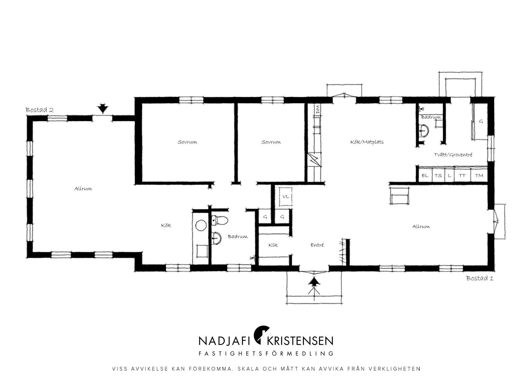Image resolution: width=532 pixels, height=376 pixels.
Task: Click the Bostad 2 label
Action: tap(39, 110)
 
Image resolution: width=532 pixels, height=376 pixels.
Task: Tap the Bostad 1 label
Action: tap(480, 278)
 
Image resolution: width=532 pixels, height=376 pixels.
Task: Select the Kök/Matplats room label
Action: tap(367, 142)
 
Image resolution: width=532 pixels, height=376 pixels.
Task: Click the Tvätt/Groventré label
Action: tap(453, 155)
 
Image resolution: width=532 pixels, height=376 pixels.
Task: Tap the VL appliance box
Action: tap(286, 196)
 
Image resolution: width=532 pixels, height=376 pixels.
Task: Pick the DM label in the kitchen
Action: tap(318, 109)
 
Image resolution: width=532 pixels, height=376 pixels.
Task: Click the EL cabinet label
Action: tap(425, 176)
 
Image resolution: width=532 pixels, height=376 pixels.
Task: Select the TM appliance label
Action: tap(479, 176)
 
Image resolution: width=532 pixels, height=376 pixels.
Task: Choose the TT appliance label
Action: tap(462, 176)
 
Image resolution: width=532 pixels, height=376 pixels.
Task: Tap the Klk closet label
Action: tap(273, 245)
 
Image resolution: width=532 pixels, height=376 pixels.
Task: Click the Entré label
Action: tap(317, 245)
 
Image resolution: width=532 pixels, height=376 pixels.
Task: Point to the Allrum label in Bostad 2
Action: tap(83, 189)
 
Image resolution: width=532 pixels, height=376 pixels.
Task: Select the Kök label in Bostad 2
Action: tap(166, 225)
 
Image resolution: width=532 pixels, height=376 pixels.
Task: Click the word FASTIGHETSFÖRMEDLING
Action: tap(266, 354)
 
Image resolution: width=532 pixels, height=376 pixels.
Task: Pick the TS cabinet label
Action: tap(438, 176)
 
